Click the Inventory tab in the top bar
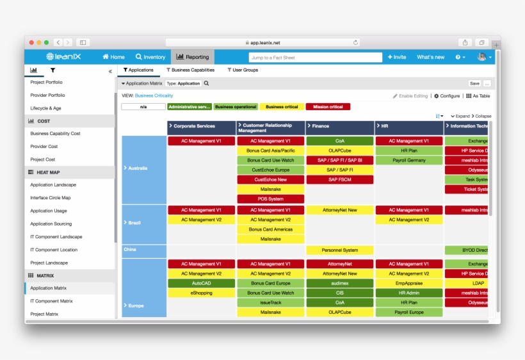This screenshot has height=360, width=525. pyautogui.click(x=150, y=57)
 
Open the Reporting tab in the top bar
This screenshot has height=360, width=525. pyautogui.click(x=193, y=57)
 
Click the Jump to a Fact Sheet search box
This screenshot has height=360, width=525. pyautogui.click(x=315, y=57)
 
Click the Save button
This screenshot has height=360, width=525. pyautogui.click(x=474, y=83)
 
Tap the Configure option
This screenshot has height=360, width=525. pyautogui.click(x=447, y=96)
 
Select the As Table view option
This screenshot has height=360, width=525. pyautogui.click(x=478, y=96)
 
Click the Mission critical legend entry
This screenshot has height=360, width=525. pyautogui.click(x=328, y=107)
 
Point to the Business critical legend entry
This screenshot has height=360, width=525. pyautogui.click(x=282, y=107)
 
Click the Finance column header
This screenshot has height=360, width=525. pyautogui.click(x=340, y=126)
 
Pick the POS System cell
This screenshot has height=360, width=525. pyautogui.click(x=271, y=199)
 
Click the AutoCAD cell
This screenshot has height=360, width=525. pyautogui.click(x=201, y=283)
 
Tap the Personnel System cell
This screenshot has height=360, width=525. pyautogui.click(x=340, y=250)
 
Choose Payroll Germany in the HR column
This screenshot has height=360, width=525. pyautogui.click(x=409, y=160)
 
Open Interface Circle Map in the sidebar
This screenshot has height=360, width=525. pyautogui.click(x=51, y=198)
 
